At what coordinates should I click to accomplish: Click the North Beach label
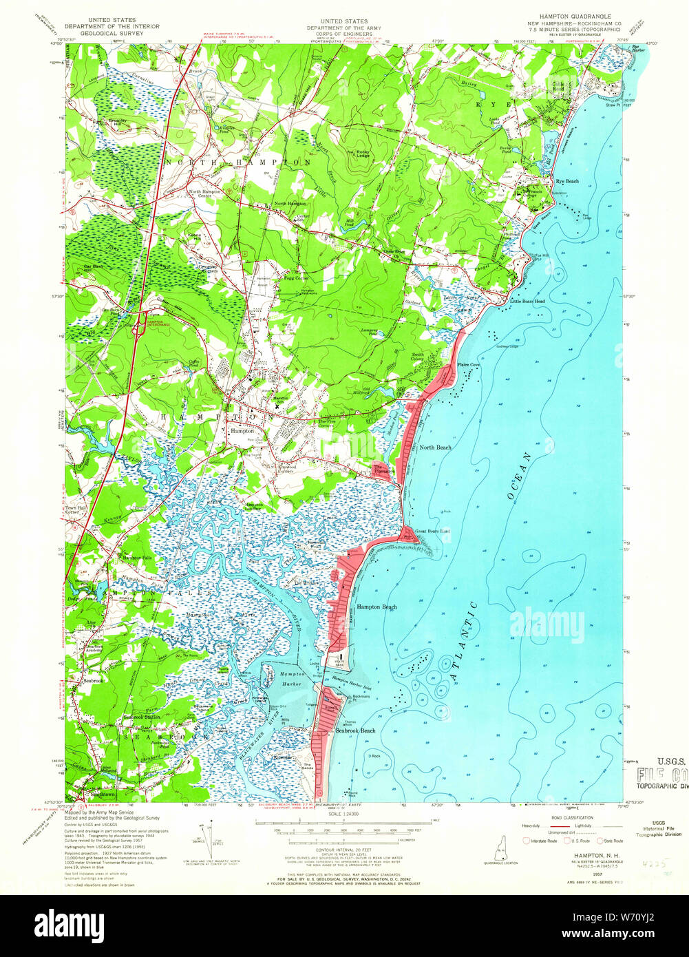(x=435, y=448)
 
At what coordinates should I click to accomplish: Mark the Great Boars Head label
(x=432, y=531)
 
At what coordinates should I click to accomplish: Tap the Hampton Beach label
(x=377, y=607)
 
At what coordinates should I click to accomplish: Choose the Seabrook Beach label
(x=355, y=730)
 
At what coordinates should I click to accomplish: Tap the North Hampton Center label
(x=204, y=193)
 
